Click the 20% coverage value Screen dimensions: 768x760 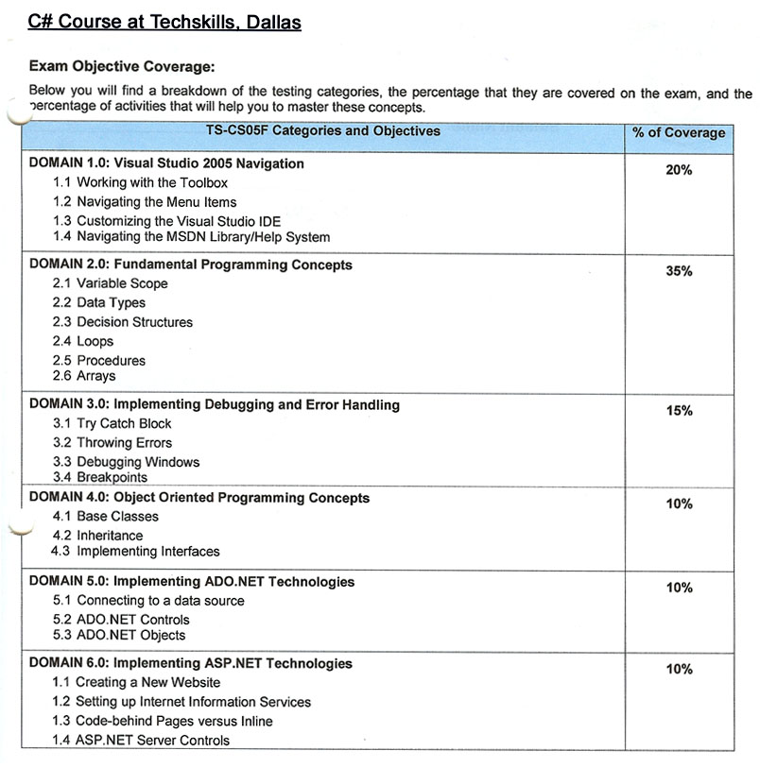click(x=679, y=170)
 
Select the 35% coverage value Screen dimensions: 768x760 click(x=679, y=271)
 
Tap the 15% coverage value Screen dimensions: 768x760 click(x=679, y=411)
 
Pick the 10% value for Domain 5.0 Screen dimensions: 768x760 click(x=679, y=588)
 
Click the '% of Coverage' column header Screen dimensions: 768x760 click(x=679, y=133)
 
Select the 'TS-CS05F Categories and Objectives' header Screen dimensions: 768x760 click(x=323, y=131)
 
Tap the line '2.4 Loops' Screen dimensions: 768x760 click(x=83, y=341)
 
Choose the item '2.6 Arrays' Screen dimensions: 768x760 click(x=84, y=376)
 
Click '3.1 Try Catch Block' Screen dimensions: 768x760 click(x=112, y=424)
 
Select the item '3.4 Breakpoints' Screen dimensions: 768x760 click(x=100, y=478)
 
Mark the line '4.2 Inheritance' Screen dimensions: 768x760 click(x=98, y=536)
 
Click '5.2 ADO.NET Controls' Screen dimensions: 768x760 click(x=121, y=620)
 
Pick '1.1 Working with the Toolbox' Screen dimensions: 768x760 click(x=141, y=182)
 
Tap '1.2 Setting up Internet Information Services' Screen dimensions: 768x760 click(x=181, y=702)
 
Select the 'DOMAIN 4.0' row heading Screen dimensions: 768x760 click(x=199, y=498)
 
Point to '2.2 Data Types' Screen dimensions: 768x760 click(x=99, y=303)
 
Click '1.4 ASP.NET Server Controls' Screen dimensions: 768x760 click(x=141, y=741)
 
